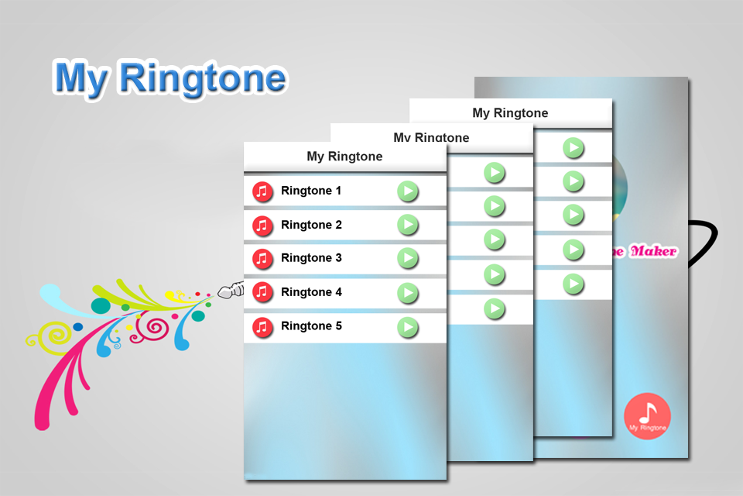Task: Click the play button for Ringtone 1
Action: [x=408, y=191]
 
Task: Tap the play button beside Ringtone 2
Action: [x=408, y=225]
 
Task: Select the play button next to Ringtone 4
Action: [x=408, y=293]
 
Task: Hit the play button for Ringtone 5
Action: [x=408, y=327]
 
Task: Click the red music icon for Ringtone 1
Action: [x=263, y=191]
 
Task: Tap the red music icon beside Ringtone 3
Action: [x=263, y=259]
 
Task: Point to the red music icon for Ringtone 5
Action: [x=263, y=327]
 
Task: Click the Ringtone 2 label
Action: [x=311, y=225]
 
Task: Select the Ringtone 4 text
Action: [x=311, y=292]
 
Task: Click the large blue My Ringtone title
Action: [x=170, y=78]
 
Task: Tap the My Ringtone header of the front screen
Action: [x=344, y=157]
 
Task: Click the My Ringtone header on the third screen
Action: [x=510, y=113]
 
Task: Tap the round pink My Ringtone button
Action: [x=647, y=416]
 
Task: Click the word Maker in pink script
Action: [x=653, y=251]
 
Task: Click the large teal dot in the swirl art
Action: [x=101, y=305]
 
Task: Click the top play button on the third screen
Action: [x=573, y=147]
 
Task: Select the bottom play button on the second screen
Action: [x=495, y=309]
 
